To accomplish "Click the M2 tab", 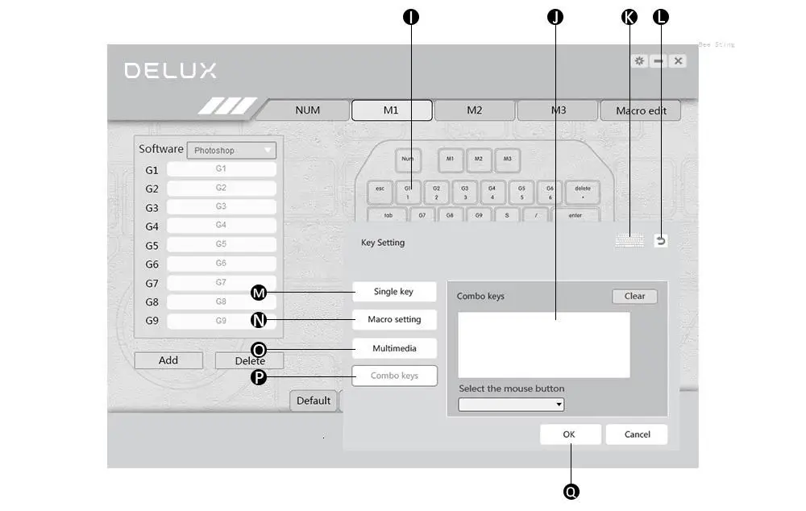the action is click(474, 110).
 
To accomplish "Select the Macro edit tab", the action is click(641, 110).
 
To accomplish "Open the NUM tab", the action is click(307, 110).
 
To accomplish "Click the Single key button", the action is click(394, 292).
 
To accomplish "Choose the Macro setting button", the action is click(394, 320).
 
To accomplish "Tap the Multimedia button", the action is click(394, 348).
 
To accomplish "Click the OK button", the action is click(570, 434).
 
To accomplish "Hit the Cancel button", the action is click(637, 434).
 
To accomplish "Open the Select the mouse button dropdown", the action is click(511, 405).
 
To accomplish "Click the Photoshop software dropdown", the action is click(231, 151).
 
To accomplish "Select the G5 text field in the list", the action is click(221, 244).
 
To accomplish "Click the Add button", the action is click(168, 360).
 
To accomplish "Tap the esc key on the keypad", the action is click(380, 192).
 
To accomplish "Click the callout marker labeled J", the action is click(555, 17).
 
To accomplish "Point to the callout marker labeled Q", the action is click(571, 491).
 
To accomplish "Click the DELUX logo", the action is click(171, 71).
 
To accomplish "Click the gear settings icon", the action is click(639, 61).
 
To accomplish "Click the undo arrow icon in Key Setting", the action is click(661, 240).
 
